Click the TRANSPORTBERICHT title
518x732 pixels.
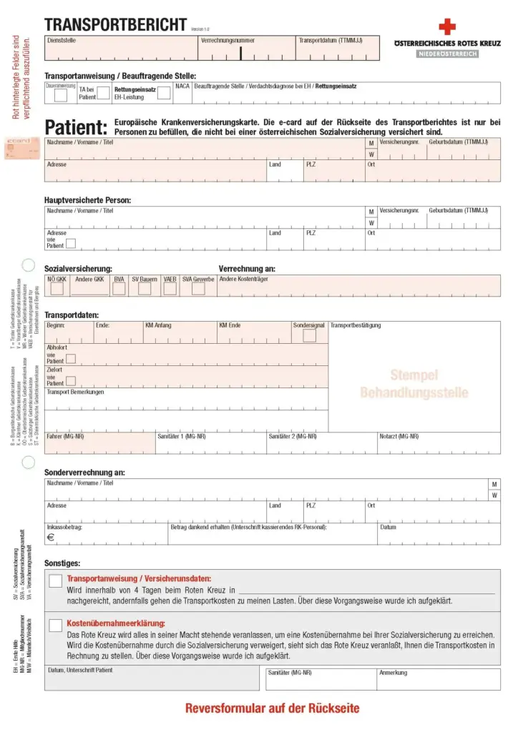115,25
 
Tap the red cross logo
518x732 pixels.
447,27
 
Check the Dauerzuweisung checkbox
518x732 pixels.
61,94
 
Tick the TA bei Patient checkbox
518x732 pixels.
103,92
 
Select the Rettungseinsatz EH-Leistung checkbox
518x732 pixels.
164,92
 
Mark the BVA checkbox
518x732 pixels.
119,288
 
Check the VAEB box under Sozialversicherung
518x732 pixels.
170,288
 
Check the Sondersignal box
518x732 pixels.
309,335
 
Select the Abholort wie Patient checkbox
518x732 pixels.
71,359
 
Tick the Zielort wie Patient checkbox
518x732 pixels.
71,381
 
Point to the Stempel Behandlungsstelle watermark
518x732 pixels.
414,384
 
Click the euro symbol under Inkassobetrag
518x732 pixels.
51,538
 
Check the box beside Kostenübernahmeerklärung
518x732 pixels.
55,625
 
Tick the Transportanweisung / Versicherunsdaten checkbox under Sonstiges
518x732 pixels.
55,581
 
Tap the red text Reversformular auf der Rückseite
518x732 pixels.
272,709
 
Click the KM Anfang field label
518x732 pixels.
158,325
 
